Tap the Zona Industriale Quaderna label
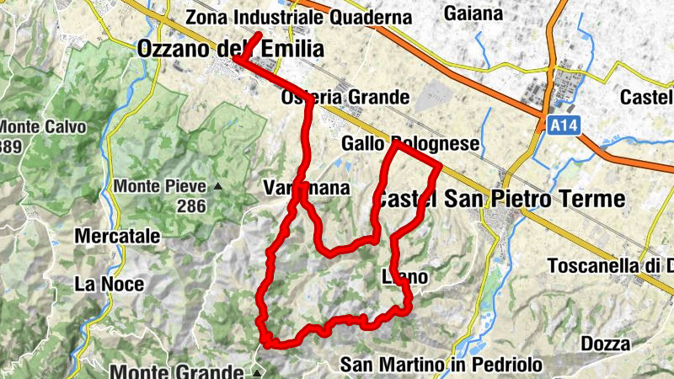[299, 17]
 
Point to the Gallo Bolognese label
[410, 145]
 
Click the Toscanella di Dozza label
[610, 266]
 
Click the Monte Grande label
[177, 371]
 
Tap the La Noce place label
[109, 284]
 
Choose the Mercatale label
[117, 237]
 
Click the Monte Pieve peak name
[161, 186]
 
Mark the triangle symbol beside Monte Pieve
[218, 186]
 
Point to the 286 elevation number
[192, 205]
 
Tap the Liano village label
[405, 276]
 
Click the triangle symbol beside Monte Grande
[257, 371]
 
